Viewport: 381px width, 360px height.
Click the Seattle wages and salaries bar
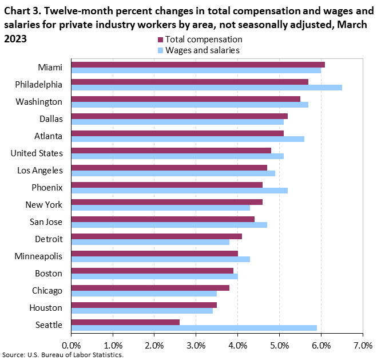[195, 328]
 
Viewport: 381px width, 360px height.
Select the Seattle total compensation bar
[126, 322]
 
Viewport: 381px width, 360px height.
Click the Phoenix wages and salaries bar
[180, 191]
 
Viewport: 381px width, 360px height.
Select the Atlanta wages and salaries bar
[188, 139]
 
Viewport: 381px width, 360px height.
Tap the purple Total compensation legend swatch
[161, 40]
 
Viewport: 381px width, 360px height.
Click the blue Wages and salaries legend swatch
[161, 50]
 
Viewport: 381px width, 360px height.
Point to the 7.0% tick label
[363, 346]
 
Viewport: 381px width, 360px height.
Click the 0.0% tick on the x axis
[72, 346]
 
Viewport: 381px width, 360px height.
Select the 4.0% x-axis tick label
[238, 346]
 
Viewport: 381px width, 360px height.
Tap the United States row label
[37, 153]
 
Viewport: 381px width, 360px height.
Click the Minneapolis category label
[39, 256]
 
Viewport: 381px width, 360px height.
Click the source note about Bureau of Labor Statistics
[63, 355]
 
